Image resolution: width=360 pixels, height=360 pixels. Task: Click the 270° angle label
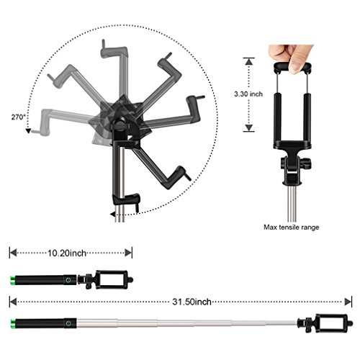tap(18, 117)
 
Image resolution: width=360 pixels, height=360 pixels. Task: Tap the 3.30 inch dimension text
tap(248, 94)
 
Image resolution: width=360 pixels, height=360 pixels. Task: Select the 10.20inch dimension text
tap(67, 253)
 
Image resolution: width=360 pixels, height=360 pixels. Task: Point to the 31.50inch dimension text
tap(192, 302)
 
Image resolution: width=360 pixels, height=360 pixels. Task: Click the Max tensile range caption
tap(292, 228)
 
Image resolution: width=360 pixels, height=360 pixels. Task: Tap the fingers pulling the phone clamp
tap(291, 58)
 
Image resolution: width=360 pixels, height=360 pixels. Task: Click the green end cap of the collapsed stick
tap(12, 280)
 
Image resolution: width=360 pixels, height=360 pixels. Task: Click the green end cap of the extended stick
tap(12, 323)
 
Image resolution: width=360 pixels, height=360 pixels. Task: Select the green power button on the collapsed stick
tap(68, 280)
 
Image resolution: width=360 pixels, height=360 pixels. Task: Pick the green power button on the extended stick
tap(68, 323)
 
